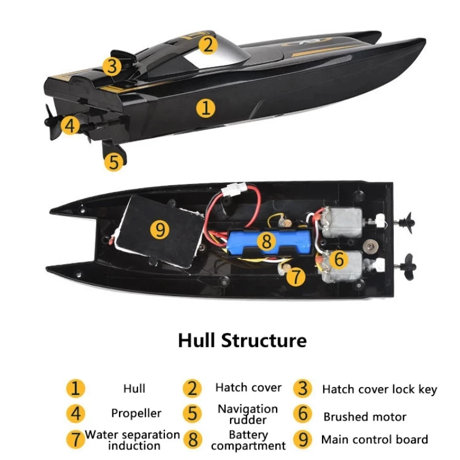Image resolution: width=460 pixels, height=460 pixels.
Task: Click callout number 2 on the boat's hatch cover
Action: [208, 44]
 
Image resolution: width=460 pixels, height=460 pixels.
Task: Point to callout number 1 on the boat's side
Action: [205, 108]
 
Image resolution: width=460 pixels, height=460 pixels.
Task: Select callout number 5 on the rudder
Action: [114, 162]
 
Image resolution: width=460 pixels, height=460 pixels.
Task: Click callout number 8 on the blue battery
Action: [266, 241]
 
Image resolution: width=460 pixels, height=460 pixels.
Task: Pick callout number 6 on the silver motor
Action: [339, 259]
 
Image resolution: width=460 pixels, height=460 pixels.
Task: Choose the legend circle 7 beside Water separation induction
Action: [75, 440]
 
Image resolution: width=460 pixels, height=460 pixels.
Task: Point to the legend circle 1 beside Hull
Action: [75, 388]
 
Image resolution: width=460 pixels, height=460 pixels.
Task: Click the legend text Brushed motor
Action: [365, 417]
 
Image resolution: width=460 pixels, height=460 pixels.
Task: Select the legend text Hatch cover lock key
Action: [379, 389]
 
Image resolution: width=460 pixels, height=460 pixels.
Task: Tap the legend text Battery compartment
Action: [248, 440]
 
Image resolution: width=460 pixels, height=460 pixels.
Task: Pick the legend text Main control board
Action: [374, 440]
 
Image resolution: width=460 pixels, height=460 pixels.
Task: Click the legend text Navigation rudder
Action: [248, 414]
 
